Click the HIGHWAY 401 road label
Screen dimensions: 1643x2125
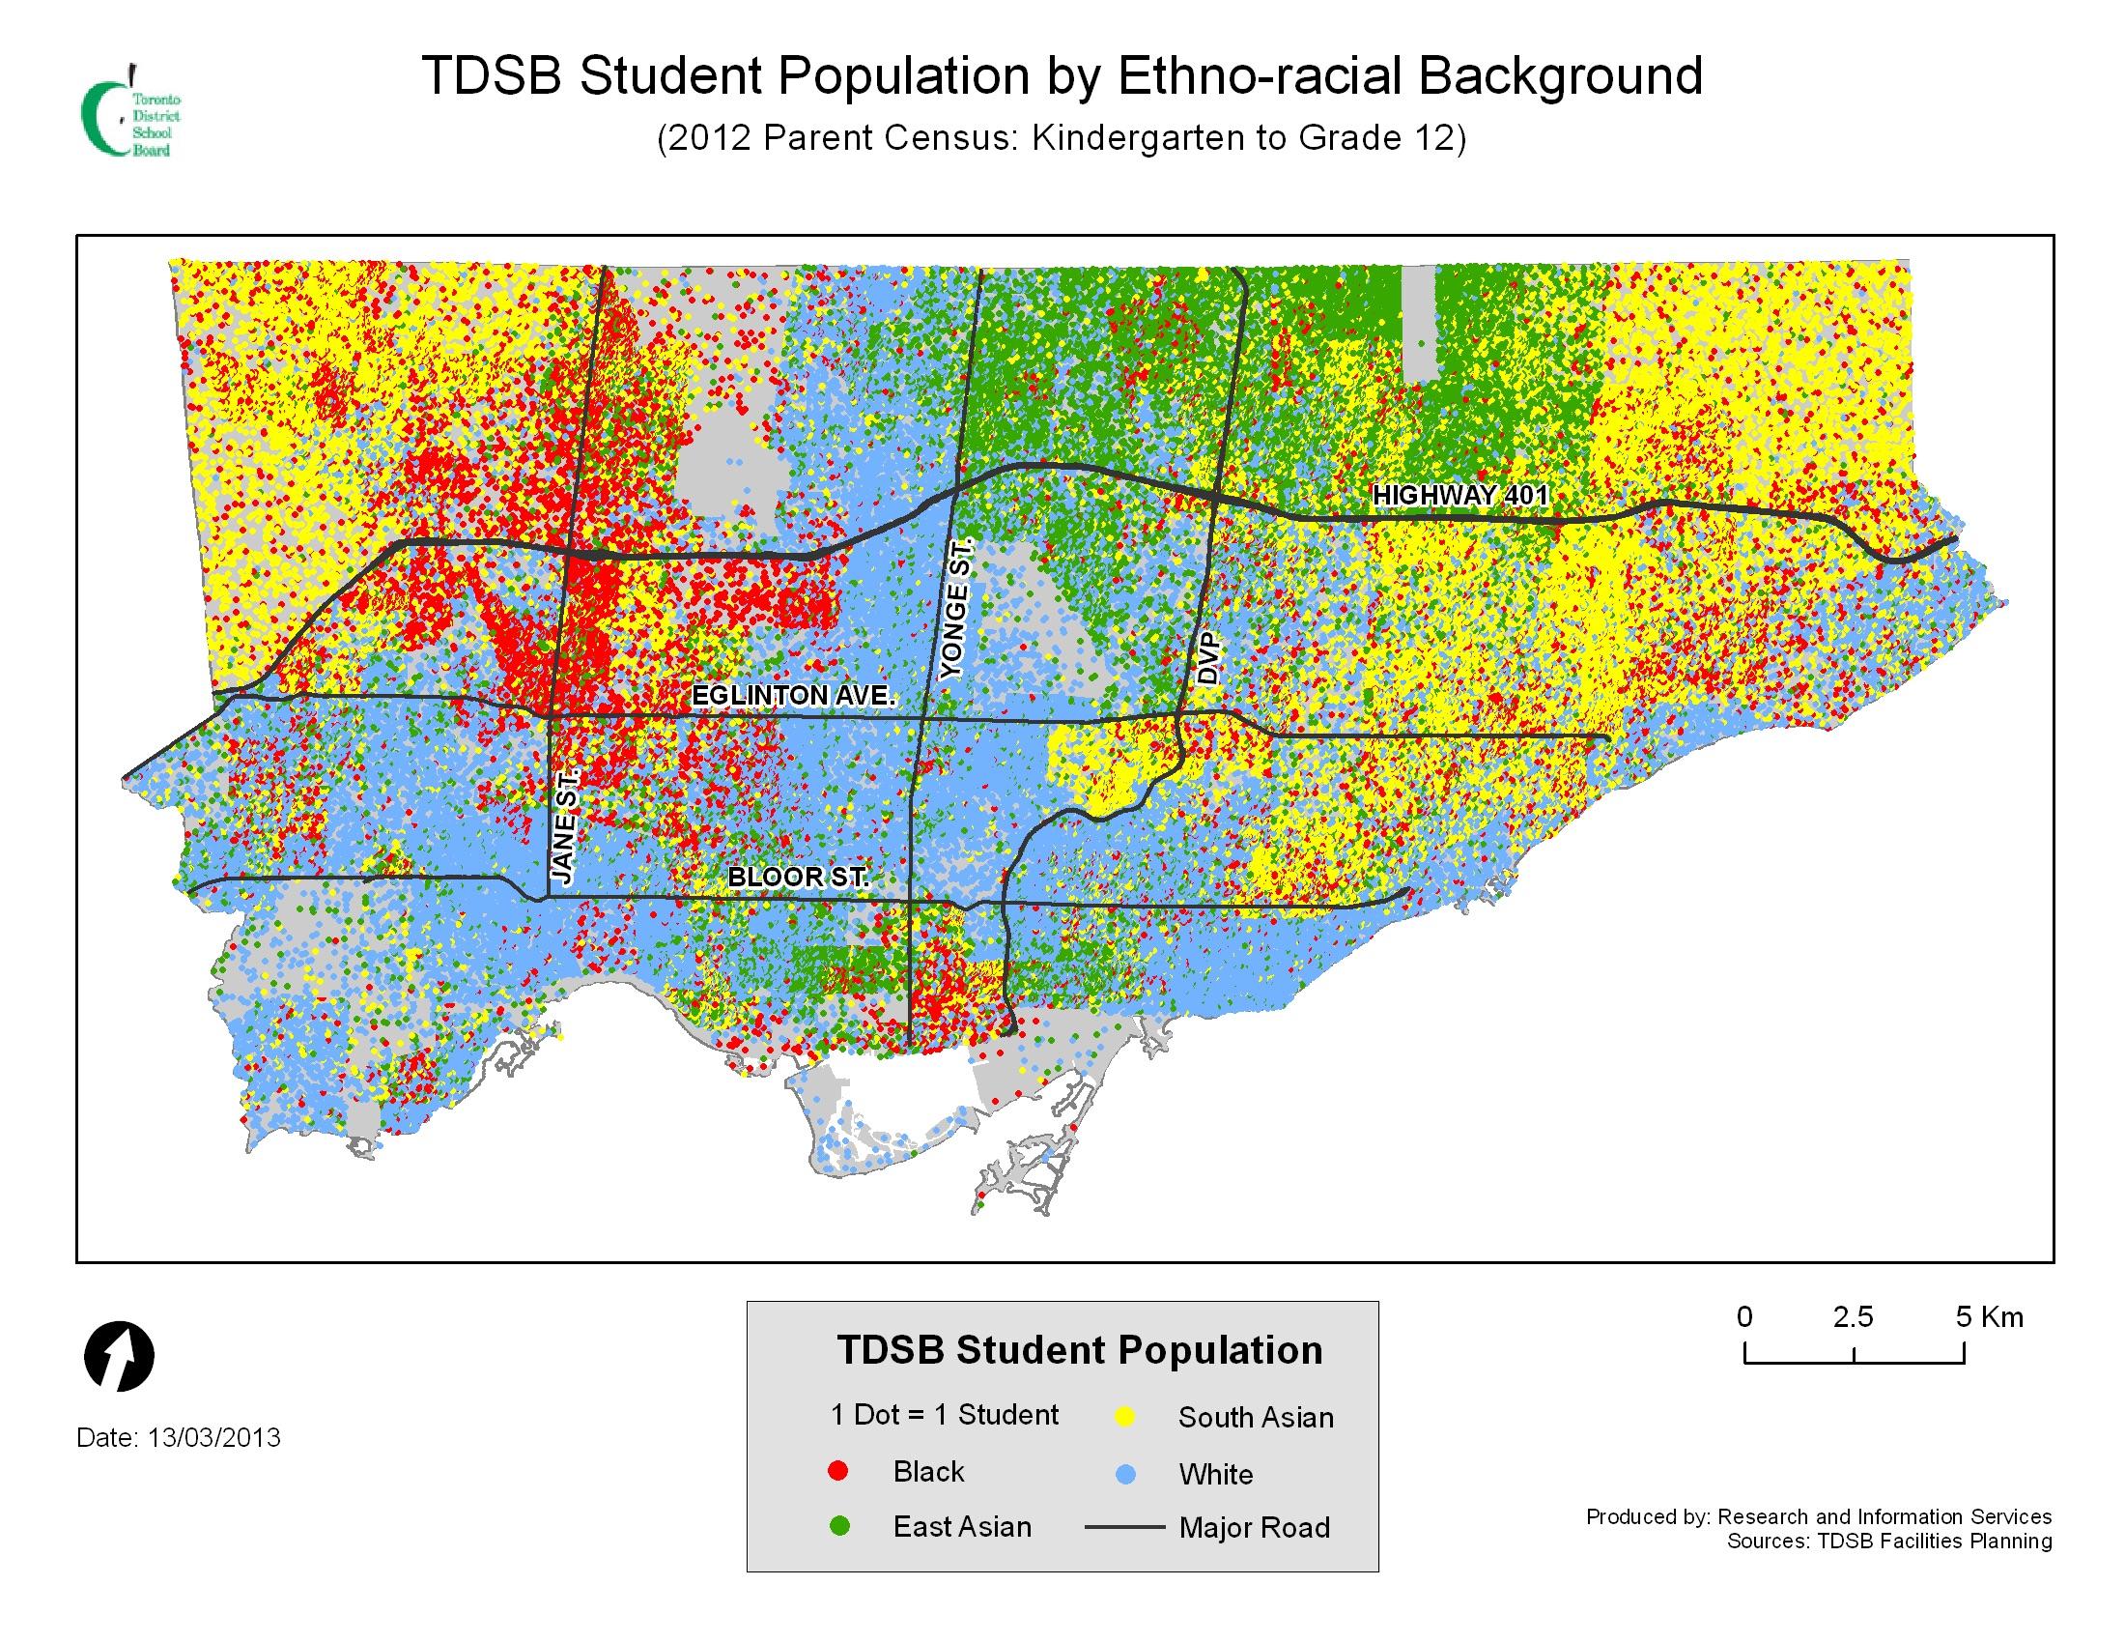tap(1459, 496)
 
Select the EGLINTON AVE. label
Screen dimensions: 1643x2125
tap(793, 696)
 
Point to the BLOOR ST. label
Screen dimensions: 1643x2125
tap(797, 876)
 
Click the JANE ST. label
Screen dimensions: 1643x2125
tap(565, 825)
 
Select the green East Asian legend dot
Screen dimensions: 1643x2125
tap(837, 1526)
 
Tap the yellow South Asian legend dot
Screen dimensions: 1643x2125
tap(1124, 1416)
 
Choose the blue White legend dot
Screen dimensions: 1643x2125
tap(1124, 1474)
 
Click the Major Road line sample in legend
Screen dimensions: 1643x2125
tap(1124, 1527)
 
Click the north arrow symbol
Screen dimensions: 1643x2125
tap(120, 1356)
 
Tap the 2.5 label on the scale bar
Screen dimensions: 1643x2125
tap(1853, 1317)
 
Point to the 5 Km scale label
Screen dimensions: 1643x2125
tap(1989, 1317)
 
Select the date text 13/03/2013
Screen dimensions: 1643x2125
tap(214, 1438)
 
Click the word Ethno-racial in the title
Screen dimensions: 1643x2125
tap(1259, 76)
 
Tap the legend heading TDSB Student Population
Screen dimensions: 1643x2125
tap(1080, 1350)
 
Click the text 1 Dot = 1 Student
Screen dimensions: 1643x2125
tap(944, 1414)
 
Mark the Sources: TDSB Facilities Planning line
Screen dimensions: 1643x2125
tap(1888, 1541)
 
